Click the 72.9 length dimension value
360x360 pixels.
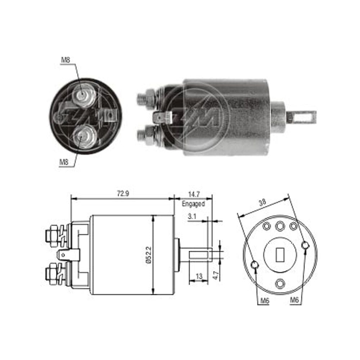[123, 194]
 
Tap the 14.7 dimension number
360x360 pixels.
[194, 194]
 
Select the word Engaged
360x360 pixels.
[193, 204]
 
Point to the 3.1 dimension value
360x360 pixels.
[192, 216]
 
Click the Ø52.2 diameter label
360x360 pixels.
[149, 255]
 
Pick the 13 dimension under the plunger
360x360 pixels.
[199, 276]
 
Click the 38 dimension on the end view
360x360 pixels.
[262, 202]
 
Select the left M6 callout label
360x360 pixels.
[265, 301]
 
